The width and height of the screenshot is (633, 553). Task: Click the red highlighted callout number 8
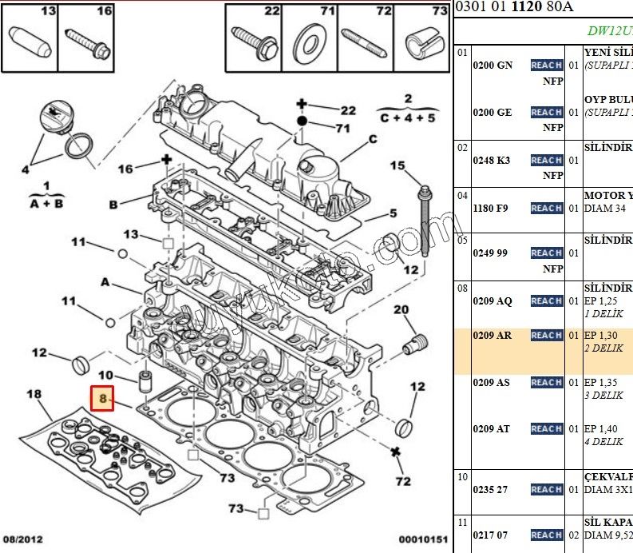(x=102, y=397)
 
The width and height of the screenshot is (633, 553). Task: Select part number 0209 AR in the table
(x=492, y=336)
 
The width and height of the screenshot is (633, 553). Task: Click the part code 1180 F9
(x=491, y=209)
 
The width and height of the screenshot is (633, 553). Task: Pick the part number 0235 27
(x=490, y=490)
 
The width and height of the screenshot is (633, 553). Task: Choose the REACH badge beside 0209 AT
(x=547, y=429)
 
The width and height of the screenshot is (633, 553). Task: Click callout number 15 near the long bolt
(x=398, y=165)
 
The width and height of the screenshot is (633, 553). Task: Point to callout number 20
(x=401, y=310)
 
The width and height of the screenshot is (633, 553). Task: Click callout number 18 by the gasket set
(x=34, y=393)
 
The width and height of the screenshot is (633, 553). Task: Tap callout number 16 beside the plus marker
(x=125, y=169)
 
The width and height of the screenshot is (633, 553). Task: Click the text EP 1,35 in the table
(x=601, y=383)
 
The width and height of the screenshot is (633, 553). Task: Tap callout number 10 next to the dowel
(x=106, y=375)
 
